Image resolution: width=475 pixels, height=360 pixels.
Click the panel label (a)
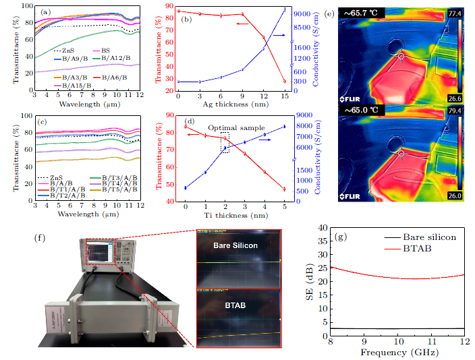coord(46,12)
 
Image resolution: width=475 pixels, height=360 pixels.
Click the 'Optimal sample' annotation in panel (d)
coord(237,127)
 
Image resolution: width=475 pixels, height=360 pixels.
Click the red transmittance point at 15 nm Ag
coord(285,82)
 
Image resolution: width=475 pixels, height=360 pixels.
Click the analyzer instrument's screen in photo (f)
coord(99,251)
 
